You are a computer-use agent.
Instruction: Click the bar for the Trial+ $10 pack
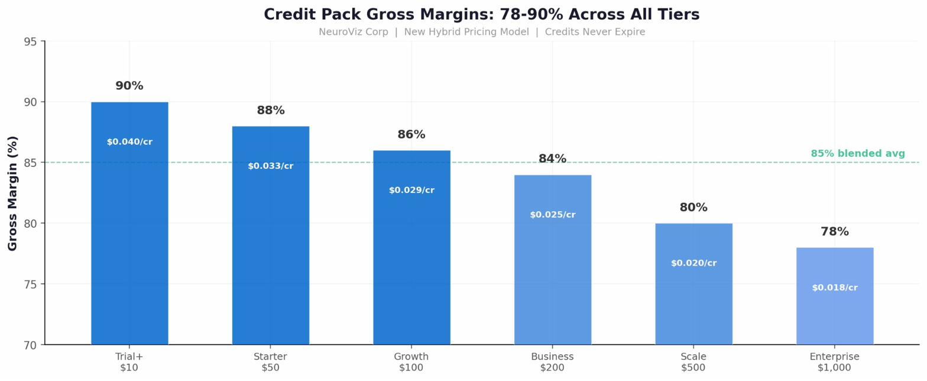pyautogui.click(x=129, y=237)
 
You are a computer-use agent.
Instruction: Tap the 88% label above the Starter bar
pyautogui.click(x=271, y=111)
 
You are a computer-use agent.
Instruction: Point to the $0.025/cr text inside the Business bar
pyautogui.click(x=552, y=215)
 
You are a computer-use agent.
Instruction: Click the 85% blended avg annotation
pyautogui.click(x=857, y=154)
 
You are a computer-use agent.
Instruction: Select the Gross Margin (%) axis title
pyautogui.click(x=12, y=193)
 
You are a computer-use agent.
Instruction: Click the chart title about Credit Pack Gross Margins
pyautogui.click(x=481, y=14)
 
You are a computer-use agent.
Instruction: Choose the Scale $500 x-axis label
pyautogui.click(x=693, y=362)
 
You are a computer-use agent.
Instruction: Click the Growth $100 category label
pyautogui.click(x=411, y=362)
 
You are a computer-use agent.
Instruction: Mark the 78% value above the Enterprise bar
pyautogui.click(x=834, y=232)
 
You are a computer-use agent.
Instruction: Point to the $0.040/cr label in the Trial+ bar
pyautogui.click(x=129, y=142)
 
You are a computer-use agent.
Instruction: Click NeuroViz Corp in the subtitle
pyautogui.click(x=353, y=32)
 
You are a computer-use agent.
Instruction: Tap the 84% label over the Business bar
pyautogui.click(x=552, y=159)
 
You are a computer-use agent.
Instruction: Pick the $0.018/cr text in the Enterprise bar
pyautogui.click(x=834, y=288)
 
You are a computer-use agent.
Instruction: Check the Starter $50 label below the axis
pyautogui.click(x=270, y=362)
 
